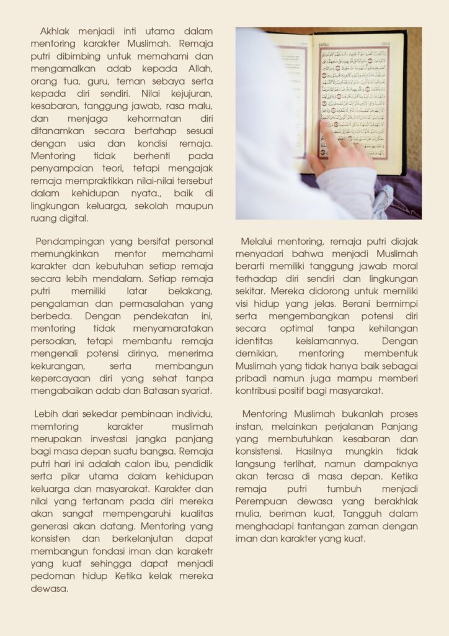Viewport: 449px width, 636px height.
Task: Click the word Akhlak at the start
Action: tap(56, 31)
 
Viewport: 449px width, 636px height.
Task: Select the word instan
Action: tap(249, 427)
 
